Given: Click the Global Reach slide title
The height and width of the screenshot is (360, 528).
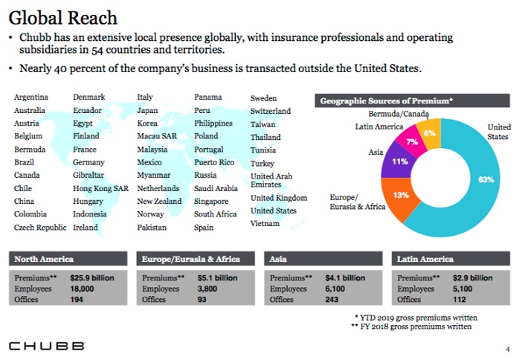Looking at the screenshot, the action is pyautogui.click(x=62, y=18).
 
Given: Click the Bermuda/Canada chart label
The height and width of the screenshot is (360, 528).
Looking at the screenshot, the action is pyautogui.click(x=399, y=114).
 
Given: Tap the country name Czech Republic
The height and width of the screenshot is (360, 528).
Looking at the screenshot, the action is pyautogui.click(x=40, y=228).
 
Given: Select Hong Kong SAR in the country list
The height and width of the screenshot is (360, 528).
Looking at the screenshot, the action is pyautogui.click(x=100, y=188).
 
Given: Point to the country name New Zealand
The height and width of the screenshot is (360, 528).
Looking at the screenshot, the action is pyautogui.click(x=159, y=201).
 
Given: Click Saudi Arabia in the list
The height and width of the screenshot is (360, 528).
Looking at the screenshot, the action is pyautogui.click(x=216, y=188).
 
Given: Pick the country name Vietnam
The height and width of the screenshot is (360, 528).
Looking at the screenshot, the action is pyautogui.click(x=265, y=223).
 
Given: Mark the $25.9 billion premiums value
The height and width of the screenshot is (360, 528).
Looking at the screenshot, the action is pyautogui.click(x=92, y=278).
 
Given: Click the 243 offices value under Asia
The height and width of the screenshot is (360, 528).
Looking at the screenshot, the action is pyautogui.click(x=332, y=300).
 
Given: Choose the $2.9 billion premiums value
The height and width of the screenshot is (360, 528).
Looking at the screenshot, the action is pyautogui.click(x=472, y=278).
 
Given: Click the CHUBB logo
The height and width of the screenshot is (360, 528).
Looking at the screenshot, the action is pyautogui.click(x=47, y=346).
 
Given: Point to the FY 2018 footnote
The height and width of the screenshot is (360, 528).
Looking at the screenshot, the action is pyautogui.click(x=411, y=327).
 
